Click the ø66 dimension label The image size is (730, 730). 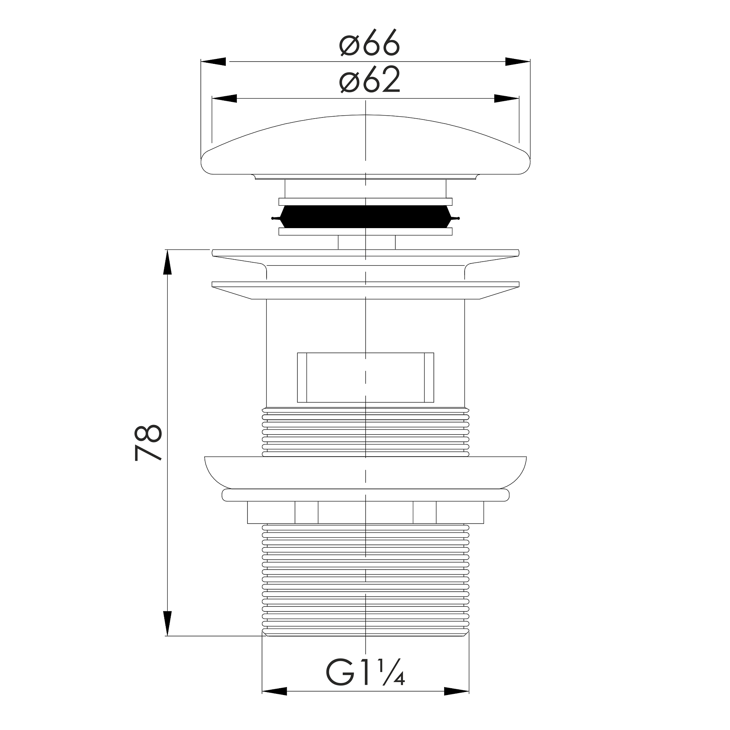(370, 42)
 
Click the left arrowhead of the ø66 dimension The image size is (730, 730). (213, 62)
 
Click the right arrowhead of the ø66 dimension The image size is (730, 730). (517, 62)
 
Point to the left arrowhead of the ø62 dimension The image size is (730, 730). (224, 99)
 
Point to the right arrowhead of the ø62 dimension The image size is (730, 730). (506, 99)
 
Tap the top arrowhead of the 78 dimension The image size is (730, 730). (167, 262)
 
